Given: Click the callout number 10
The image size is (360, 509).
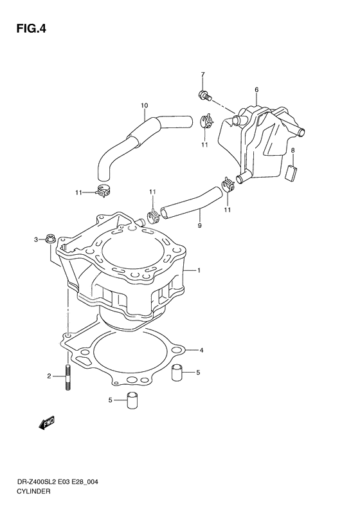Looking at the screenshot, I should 144,105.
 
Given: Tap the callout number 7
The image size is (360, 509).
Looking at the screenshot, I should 202,75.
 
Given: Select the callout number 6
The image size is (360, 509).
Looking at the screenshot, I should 256,89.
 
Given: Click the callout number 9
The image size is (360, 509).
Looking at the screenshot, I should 199,225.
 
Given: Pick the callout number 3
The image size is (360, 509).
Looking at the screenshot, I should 37,240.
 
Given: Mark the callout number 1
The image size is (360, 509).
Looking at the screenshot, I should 199,271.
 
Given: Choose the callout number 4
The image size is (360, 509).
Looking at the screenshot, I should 201,350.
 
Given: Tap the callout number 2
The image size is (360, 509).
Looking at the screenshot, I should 49,376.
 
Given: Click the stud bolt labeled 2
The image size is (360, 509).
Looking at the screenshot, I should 67,379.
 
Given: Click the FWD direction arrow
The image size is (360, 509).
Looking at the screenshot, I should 46,422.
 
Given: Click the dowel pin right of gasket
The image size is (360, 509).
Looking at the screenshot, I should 179,373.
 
